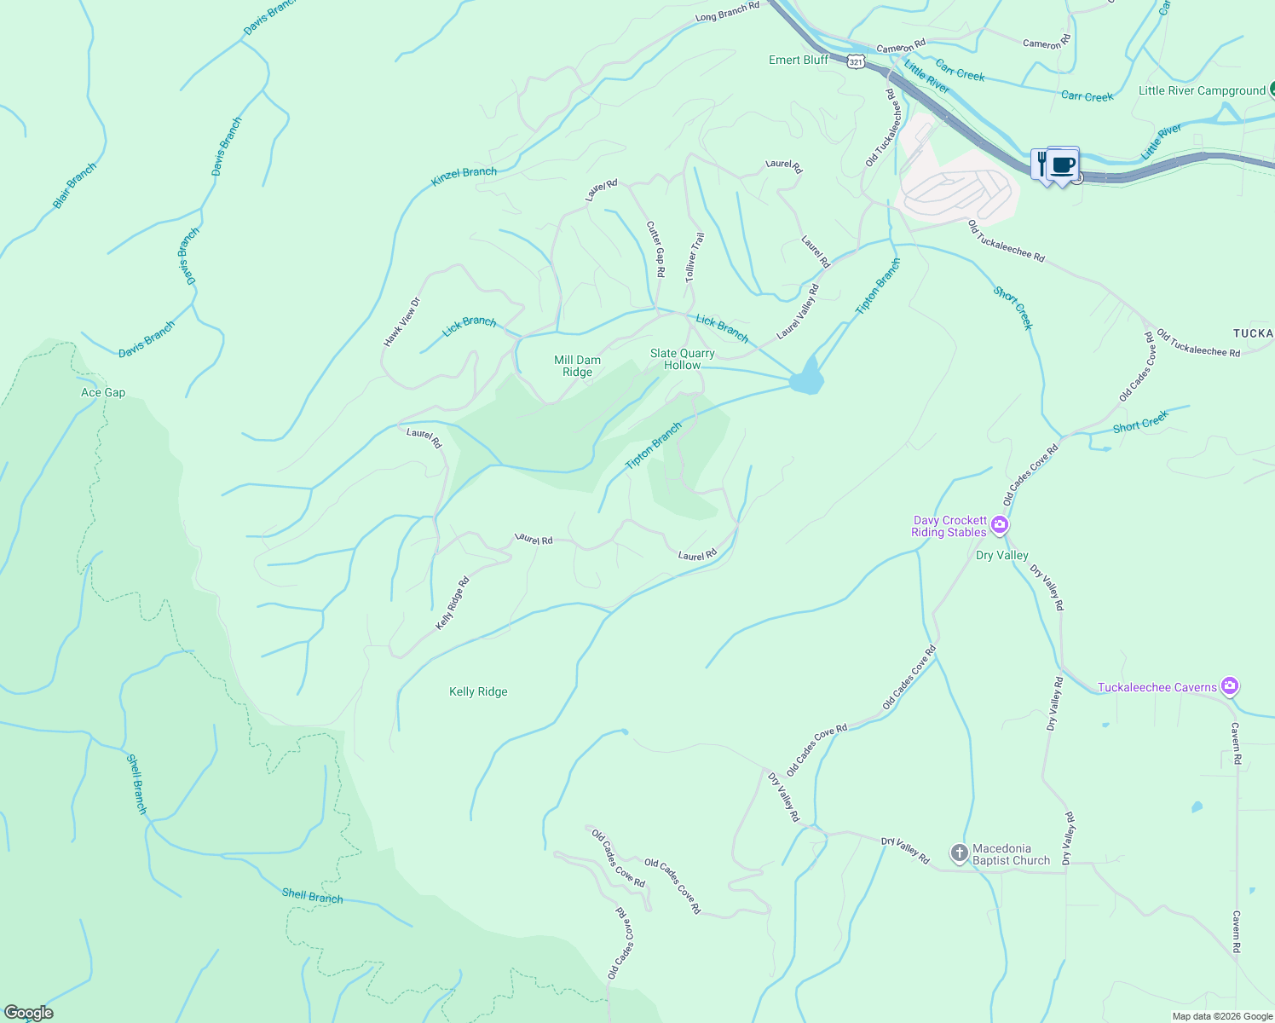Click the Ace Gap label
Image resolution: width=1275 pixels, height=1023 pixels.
coord(103,392)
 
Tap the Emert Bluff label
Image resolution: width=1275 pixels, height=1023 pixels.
coord(799,60)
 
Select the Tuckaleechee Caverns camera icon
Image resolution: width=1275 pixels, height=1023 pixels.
coord(1229,685)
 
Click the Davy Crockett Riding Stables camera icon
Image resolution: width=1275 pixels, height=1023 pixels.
coord(1000,525)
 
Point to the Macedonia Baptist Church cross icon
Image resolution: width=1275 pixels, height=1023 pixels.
coord(960,852)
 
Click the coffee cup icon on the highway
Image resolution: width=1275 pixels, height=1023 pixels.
coord(1062,164)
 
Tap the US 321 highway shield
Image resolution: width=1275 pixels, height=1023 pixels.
coord(857,61)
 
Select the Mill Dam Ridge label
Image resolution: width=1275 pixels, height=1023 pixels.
coord(577,366)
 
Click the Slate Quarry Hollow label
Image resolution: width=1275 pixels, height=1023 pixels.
coord(683,359)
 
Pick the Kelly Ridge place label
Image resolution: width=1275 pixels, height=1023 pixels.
coord(478,691)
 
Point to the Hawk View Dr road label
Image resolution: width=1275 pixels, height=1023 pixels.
coord(402,321)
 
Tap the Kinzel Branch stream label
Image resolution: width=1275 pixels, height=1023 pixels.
coord(464,176)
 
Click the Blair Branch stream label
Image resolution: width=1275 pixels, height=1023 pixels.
coord(75,185)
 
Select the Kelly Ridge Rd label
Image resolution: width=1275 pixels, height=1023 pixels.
coord(453,604)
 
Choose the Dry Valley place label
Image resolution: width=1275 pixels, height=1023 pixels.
coord(1001,555)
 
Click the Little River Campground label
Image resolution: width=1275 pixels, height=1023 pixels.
coord(1202,90)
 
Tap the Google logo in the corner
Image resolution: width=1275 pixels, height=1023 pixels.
coord(28,1013)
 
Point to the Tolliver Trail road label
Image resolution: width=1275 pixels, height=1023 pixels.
coord(695,257)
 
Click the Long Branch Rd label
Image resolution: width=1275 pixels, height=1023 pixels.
coord(727,12)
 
